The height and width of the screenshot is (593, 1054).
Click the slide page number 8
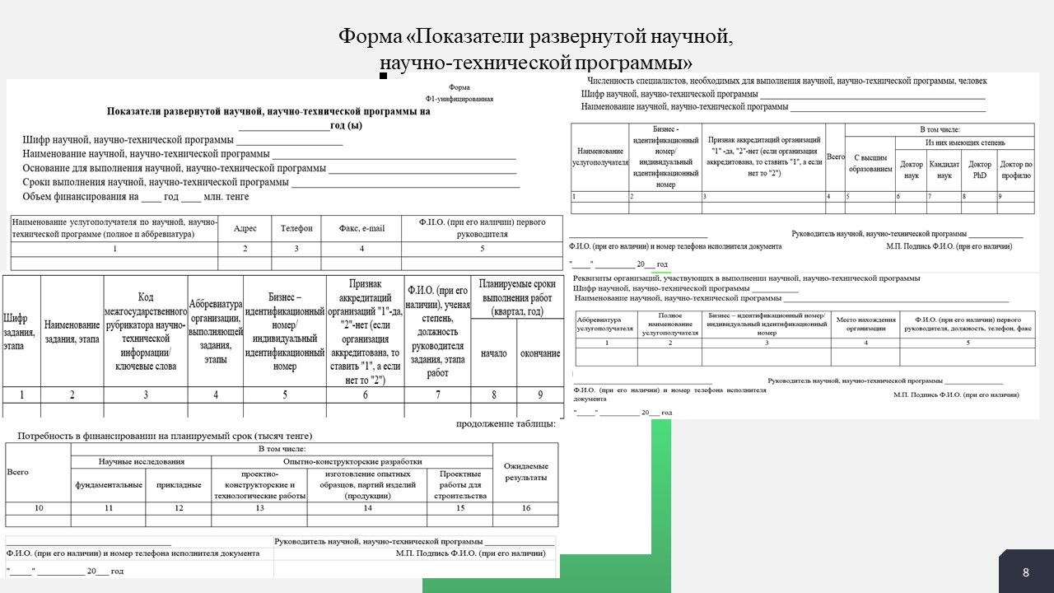(x=1026, y=572)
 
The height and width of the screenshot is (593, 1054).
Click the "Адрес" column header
(x=245, y=228)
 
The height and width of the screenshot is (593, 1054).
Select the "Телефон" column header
(x=296, y=228)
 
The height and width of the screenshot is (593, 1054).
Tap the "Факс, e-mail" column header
(x=361, y=228)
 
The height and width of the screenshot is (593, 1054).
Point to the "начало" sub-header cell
(x=494, y=353)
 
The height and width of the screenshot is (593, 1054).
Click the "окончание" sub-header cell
(x=540, y=353)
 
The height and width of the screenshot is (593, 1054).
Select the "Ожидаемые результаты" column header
(x=526, y=472)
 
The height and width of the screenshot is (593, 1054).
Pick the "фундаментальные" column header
(x=109, y=485)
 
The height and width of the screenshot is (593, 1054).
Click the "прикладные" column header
(x=179, y=485)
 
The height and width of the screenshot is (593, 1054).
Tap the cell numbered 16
(x=526, y=508)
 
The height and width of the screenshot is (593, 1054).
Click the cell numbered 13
(x=259, y=508)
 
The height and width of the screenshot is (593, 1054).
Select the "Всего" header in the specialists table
(x=835, y=156)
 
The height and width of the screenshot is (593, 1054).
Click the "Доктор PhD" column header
(x=980, y=170)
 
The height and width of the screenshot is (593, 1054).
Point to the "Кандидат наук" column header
(x=944, y=170)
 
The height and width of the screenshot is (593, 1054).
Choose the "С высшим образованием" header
(x=870, y=163)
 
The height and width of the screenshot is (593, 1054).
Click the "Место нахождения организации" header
(x=865, y=324)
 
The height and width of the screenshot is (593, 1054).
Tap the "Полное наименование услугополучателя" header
(x=669, y=324)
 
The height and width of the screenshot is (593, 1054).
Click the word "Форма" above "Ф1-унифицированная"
(x=459, y=87)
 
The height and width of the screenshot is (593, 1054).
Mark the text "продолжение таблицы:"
(x=506, y=424)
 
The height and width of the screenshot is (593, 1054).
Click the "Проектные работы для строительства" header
(x=460, y=485)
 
